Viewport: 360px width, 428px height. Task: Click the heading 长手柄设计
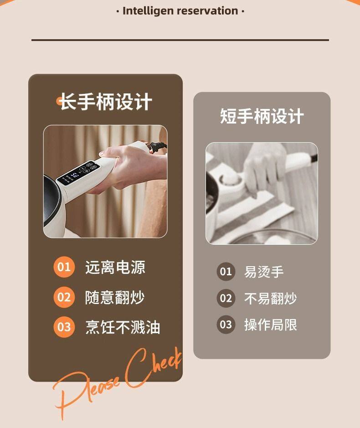106,102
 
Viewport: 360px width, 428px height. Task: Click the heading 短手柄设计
262,116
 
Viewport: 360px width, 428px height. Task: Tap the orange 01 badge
64,267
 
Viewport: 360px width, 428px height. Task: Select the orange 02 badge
64,297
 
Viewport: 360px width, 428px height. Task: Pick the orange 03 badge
64,327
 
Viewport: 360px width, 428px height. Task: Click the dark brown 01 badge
226,272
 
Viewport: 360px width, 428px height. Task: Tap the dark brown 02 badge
226,299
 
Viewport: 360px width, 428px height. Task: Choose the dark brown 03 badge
226,325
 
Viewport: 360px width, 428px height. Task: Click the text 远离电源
115,268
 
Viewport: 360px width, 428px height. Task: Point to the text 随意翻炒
115,298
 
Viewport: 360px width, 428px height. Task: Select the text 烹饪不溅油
123,327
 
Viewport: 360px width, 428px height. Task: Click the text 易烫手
264,272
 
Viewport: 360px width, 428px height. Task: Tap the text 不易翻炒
270,299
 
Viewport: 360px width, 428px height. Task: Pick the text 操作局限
270,325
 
